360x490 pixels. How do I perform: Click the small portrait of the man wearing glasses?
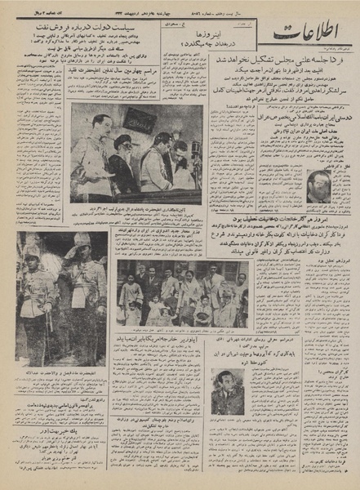318,186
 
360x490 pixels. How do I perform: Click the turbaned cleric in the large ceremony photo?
121,155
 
